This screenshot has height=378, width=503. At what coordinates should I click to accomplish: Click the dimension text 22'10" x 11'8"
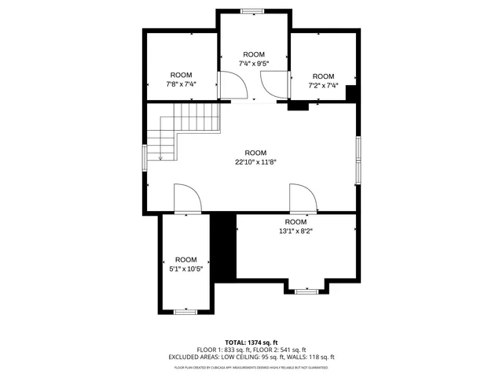255,162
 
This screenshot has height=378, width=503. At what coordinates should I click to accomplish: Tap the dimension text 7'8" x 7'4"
181,84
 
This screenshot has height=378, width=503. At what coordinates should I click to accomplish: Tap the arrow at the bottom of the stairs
160,157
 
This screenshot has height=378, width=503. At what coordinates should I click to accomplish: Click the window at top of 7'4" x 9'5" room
253,11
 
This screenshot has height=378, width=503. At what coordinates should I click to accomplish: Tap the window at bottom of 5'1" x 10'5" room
185,312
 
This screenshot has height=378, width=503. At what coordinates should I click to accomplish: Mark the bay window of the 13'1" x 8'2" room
306,291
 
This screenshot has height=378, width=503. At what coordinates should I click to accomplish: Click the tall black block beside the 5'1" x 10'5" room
224,246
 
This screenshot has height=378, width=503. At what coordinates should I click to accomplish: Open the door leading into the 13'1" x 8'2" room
303,198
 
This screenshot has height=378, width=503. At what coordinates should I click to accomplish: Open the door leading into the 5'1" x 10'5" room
187,198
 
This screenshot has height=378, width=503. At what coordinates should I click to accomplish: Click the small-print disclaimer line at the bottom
251,367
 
